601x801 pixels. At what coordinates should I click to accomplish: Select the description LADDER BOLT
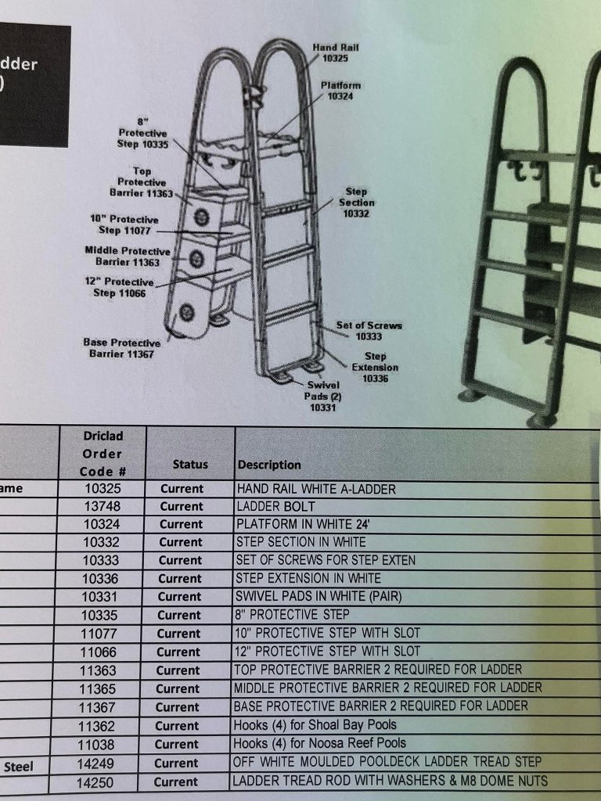click(x=275, y=507)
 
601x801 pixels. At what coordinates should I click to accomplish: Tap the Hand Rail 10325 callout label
click(x=335, y=53)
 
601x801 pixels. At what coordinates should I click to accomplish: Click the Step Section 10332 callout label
click(x=356, y=202)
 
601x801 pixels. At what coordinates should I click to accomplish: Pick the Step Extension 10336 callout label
click(x=375, y=367)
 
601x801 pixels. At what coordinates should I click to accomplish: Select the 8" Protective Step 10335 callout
click(x=144, y=133)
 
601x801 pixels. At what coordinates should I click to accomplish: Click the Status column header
click(x=190, y=464)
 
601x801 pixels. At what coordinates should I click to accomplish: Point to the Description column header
click(x=269, y=465)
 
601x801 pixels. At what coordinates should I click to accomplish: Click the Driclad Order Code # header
click(x=102, y=454)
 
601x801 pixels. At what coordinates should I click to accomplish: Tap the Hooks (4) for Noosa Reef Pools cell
click(x=319, y=742)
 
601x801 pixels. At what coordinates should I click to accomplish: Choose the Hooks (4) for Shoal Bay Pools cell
click(x=315, y=724)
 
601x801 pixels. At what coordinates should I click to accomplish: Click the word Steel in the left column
click(x=18, y=767)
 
